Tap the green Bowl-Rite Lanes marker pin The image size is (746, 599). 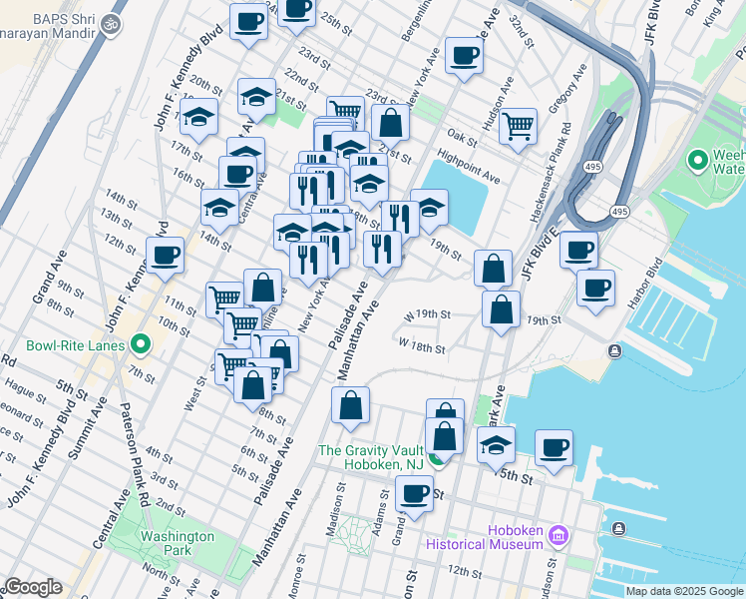pyautogui.click(x=141, y=345)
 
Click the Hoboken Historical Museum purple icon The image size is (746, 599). pyautogui.click(x=558, y=537)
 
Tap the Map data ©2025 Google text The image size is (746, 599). pyautogui.click(x=684, y=591)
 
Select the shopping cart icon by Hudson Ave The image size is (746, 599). pyautogui.click(x=518, y=126)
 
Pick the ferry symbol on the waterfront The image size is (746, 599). pyautogui.click(x=614, y=349)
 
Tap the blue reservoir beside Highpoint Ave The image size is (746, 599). pyautogui.click(x=460, y=185)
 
